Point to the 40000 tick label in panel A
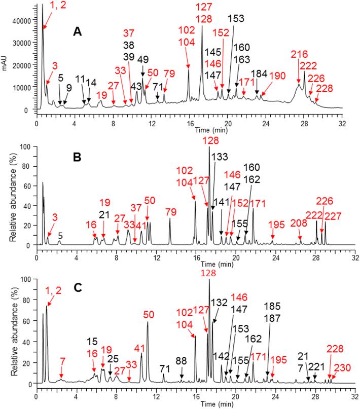pos(23,21)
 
